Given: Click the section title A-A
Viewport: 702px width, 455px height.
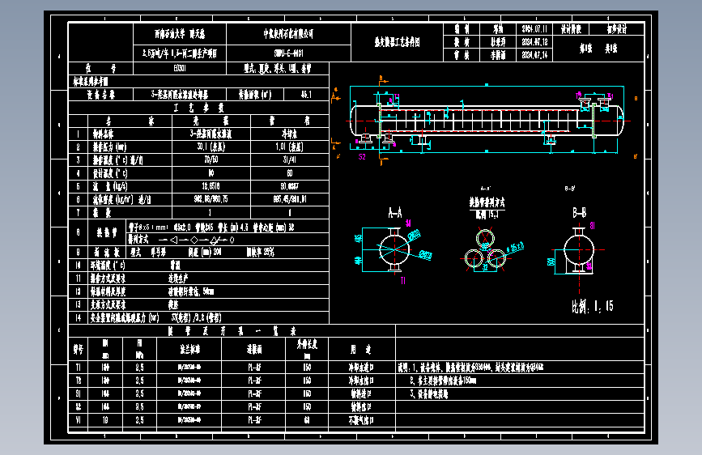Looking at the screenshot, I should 396,213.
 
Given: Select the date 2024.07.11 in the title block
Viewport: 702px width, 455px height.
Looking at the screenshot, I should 535,28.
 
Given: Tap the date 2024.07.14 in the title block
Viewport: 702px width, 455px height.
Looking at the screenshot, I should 535,55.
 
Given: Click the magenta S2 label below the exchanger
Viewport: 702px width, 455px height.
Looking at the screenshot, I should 362,157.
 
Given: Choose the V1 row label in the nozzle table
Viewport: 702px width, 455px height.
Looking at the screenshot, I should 79,421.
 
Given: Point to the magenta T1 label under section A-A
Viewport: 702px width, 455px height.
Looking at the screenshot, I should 402,280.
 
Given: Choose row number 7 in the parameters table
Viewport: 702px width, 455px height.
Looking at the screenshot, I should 79,212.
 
